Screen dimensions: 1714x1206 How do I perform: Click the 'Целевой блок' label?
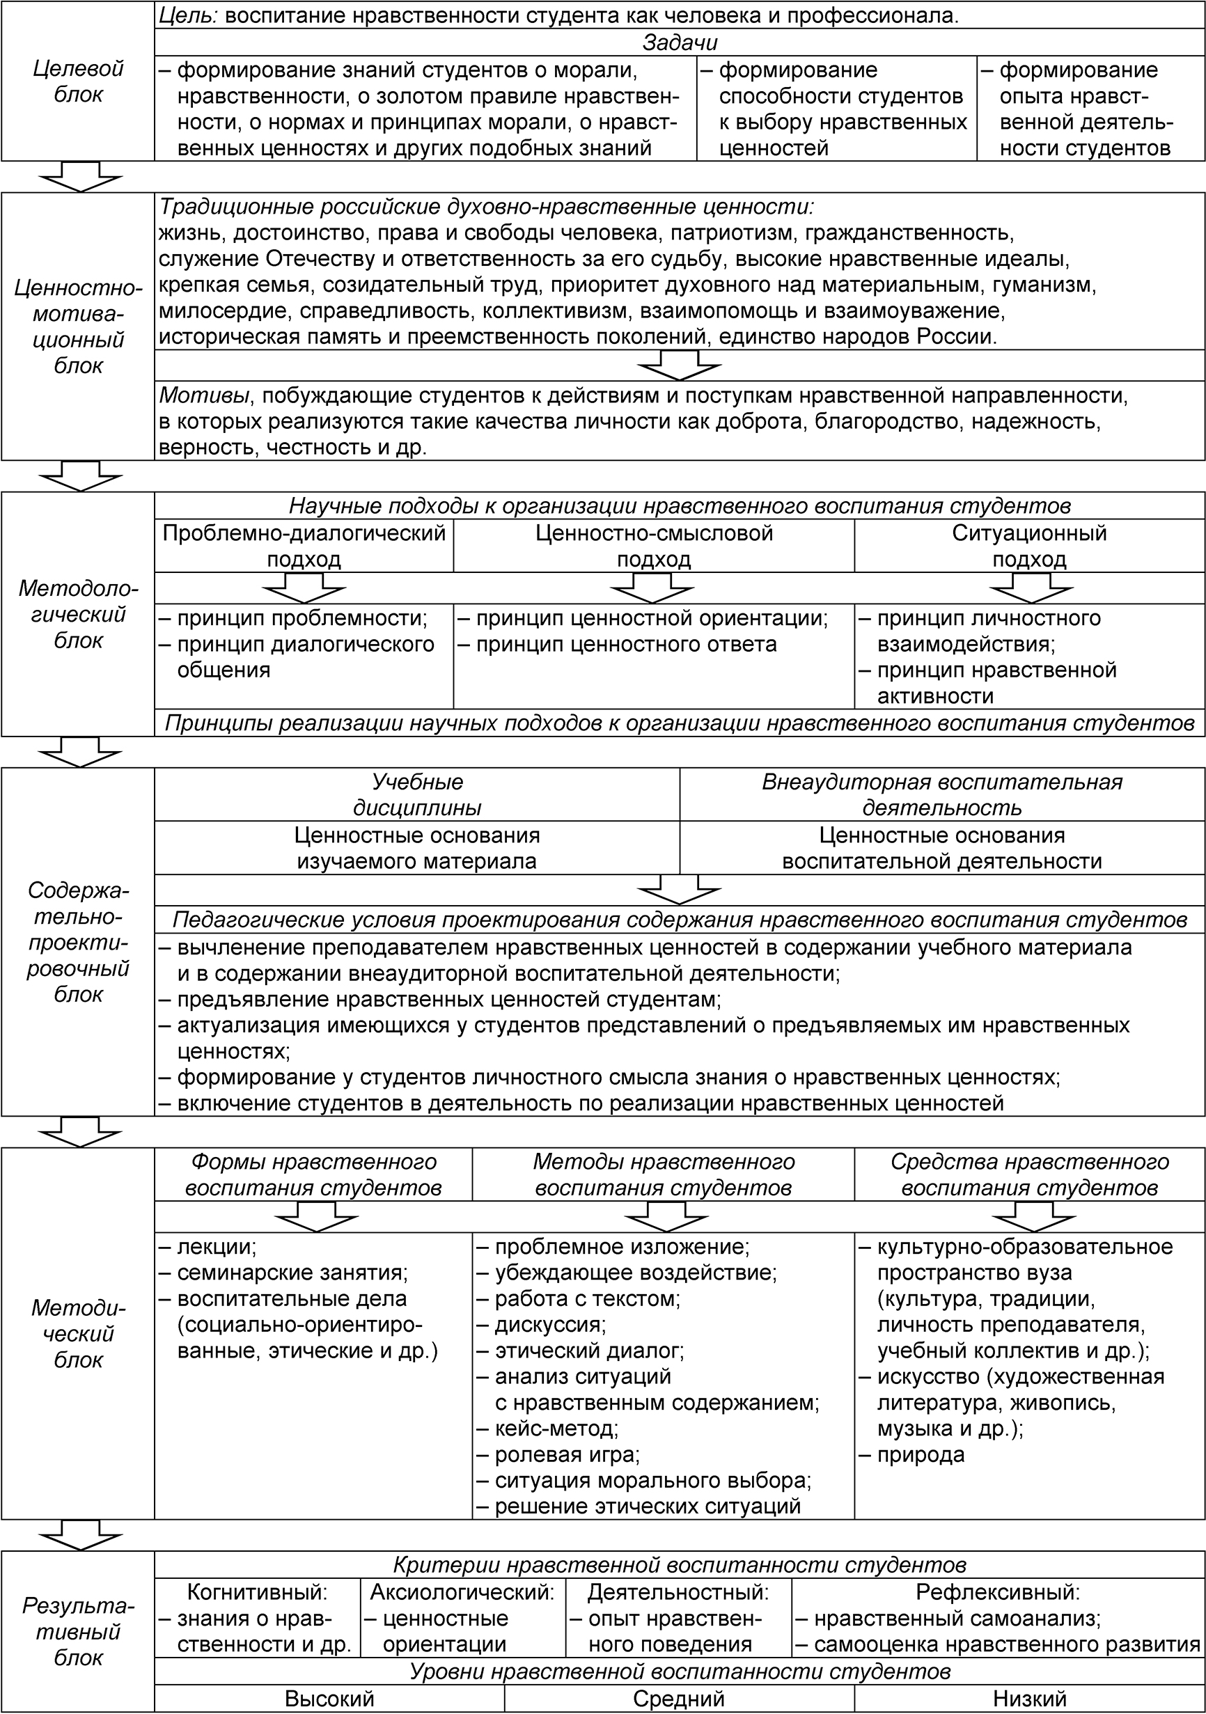click(79, 81)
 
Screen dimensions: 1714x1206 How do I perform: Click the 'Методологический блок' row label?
click(79, 615)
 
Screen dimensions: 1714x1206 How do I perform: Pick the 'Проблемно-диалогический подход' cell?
click(304, 546)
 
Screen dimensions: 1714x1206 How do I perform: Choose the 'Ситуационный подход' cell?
click(1029, 546)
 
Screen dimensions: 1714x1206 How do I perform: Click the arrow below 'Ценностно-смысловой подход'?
click(652, 588)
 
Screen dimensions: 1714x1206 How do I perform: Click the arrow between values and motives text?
click(680, 365)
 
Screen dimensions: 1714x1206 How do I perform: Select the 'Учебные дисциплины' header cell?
click(417, 794)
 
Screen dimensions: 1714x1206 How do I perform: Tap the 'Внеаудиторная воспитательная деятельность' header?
click(941, 794)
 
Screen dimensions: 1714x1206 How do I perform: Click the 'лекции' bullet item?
click(217, 1247)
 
